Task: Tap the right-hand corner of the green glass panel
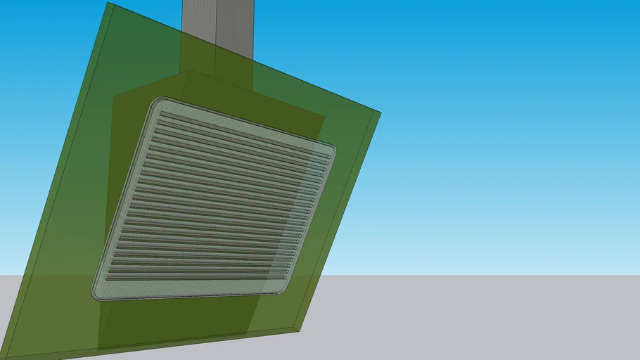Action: [379, 112]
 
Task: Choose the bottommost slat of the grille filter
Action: [197, 277]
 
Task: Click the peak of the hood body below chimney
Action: [186, 71]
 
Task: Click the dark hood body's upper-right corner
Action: [324, 116]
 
